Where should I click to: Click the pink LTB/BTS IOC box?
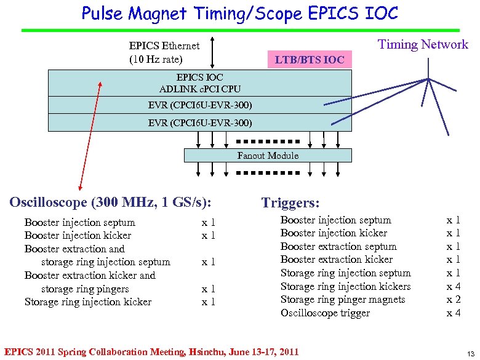(309, 60)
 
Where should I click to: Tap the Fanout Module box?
(268, 156)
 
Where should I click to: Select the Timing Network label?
(423, 44)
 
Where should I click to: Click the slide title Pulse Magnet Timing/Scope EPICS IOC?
(240, 13)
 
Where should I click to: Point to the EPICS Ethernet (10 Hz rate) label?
(164, 52)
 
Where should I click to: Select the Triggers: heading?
(290, 203)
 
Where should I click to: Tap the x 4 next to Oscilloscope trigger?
(454, 313)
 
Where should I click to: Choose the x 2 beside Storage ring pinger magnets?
(454, 300)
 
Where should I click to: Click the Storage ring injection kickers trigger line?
(345, 287)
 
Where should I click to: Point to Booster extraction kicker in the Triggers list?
(336, 260)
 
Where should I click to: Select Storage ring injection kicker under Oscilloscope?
(88, 302)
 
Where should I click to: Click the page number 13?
(470, 353)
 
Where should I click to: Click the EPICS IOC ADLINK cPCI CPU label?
(200, 83)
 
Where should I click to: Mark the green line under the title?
(240, 30)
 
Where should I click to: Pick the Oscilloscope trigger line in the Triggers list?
(325, 313)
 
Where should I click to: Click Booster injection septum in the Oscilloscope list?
(80, 222)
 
